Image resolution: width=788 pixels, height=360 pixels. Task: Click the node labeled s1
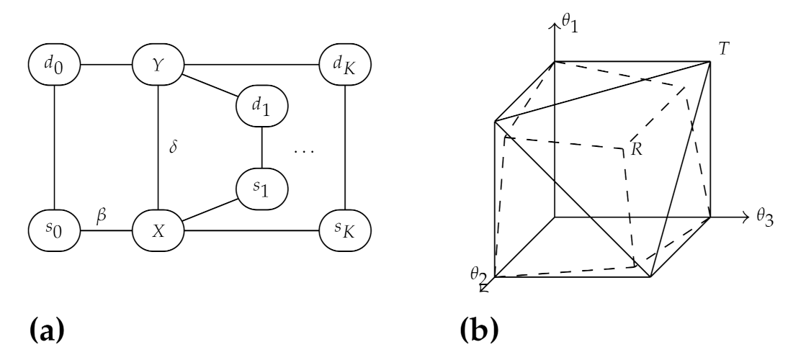click(262, 189)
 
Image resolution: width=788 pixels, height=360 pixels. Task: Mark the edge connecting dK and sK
click(345, 148)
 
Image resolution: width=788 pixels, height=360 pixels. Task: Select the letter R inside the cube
click(635, 150)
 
